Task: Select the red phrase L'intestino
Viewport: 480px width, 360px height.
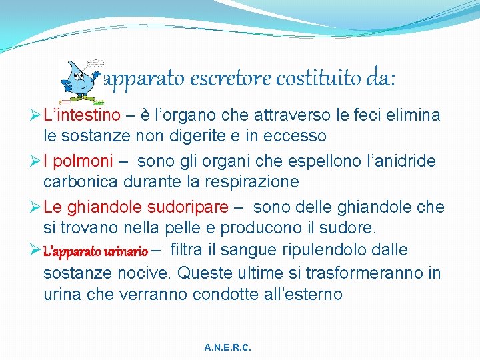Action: coord(82,115)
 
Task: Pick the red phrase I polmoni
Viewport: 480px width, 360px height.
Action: coord(79,161)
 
